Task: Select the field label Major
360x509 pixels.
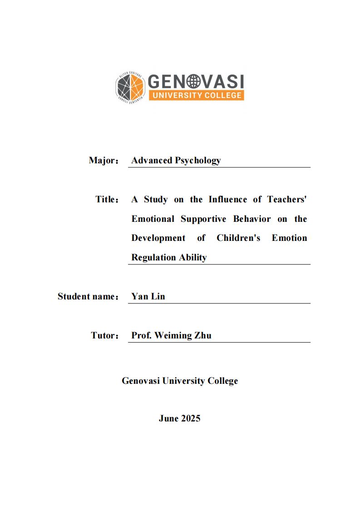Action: click(x=103, y=161)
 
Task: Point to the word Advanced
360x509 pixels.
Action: click(x=152, y=161)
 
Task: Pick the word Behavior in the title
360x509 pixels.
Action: click(x=252, y=219)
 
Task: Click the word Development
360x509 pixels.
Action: click(x=158, y=238)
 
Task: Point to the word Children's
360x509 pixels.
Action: click(x=238, y=238)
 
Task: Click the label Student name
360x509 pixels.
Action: click(x=86, y=297)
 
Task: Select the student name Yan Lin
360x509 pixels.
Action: click(x=148, y=297)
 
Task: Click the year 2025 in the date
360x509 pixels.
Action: click(x=191, y=419)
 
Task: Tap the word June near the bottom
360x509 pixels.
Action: click(x=168, y=419)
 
